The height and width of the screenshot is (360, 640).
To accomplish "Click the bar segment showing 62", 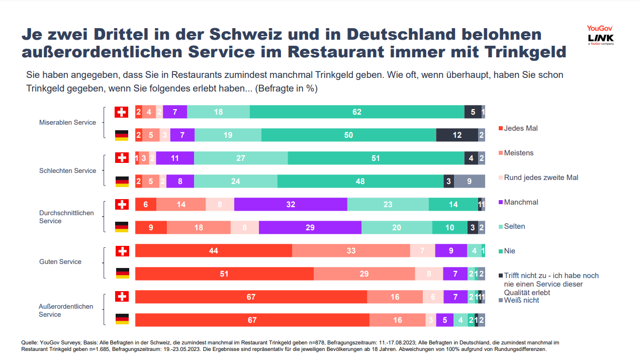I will (x=357, y=112).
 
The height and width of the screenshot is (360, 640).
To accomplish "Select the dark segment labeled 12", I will (x=457, y=135).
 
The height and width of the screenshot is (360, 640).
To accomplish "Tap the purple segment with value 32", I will (x=291, y=205).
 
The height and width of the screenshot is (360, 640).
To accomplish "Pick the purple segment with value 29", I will (x=310, y=228).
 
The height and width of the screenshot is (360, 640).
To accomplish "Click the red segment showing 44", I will (x=214, y=251).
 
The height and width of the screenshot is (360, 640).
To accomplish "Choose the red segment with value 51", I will (x=224, y=274).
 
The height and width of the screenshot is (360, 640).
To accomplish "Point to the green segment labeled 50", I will (x=348, y=135).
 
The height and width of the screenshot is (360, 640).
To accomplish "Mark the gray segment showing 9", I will (x=469, y=182).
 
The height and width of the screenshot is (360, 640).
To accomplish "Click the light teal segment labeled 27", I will (x=241, y=158).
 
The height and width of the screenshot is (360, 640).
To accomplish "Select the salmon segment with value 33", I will (x=351, y=251).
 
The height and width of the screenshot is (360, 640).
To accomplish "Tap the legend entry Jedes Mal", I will (x=520, y=128).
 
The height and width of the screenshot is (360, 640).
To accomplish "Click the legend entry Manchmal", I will (x=521, y=202).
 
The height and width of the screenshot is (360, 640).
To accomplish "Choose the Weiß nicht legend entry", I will (x=521, y=300).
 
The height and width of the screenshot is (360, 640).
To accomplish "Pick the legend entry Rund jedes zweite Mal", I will (x=541, y=177).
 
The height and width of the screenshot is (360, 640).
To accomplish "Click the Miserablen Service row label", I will (x=67, y=122).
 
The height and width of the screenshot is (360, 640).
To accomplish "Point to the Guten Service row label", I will (x=60, y=261).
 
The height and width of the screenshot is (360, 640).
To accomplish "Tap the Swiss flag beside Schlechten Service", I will (x=122, y=158).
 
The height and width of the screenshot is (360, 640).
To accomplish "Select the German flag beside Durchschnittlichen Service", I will (x=122, y=227).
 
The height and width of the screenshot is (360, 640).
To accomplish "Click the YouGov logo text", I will (x=600, y=29).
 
